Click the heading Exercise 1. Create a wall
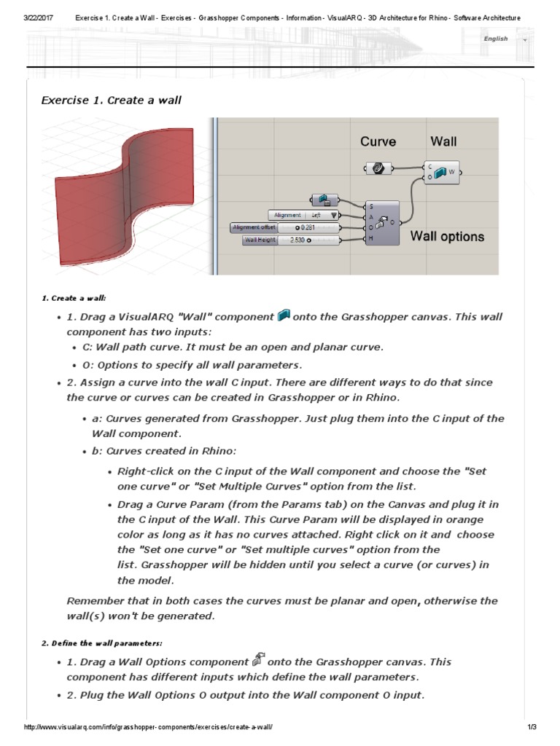tap(111, 101)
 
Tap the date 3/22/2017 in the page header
tap(38, 18)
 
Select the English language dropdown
tap(505, 39)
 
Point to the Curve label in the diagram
tap(378, 142)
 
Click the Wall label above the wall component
tap(443, 142)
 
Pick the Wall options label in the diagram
tap(447, 237)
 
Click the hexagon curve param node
tap(378, 168)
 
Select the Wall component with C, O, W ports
tap(442, 172)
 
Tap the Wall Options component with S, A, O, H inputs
tap(382, 223)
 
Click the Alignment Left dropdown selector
tap(303, 215)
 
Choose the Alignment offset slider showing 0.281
tap(285, 227)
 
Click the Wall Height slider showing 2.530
tap(292, 240)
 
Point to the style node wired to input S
tap(324, 200)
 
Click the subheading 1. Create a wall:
tap(74, 298)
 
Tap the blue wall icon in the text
tap(284, 315)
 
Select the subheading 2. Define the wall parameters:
tap(102, 643)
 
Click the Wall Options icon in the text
tap(258, 659)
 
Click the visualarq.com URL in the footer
tap(148, 727)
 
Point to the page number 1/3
tap(532, 727)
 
